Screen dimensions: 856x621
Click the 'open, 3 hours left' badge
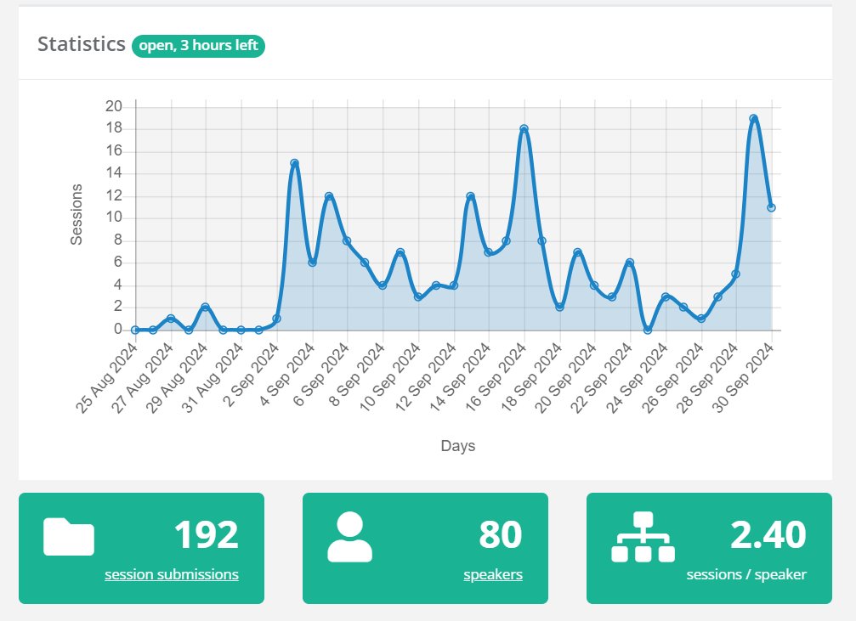click(x=198, y=45)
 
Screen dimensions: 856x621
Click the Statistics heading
click(x=82, y=44)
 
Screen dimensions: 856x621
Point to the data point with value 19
click(x=753, y=118)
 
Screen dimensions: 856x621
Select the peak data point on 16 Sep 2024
click(x=524, y=129)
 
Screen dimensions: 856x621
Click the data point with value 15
click(x=295, y=163)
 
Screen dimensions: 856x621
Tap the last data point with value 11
click(x=771, y=207)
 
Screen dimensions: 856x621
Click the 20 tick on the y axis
click(x=114, y=106)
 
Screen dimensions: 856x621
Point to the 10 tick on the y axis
click(x=114, y=217)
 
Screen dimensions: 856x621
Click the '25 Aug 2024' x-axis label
click(x=107, y=378)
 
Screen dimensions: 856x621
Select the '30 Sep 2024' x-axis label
click(x=744, y=378)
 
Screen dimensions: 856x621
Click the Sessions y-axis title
click(x=77, y=214)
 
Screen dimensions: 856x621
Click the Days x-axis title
click(x=458, y=446)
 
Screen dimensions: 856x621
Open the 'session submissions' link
click(x=172, y=574)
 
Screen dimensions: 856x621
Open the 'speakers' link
click(x=493, y=574)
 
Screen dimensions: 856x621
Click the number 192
click(x=207, y=535)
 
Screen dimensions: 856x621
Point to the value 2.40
click(x=768, y=535)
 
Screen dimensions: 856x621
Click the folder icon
click(x=69, y=537)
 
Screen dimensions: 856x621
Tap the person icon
click(x=350, y=537)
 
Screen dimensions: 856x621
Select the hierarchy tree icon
click(x=643, y=537)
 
